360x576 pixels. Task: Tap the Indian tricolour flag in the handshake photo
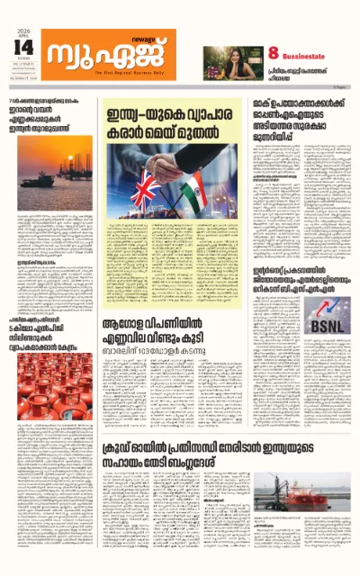click(204, 193)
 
